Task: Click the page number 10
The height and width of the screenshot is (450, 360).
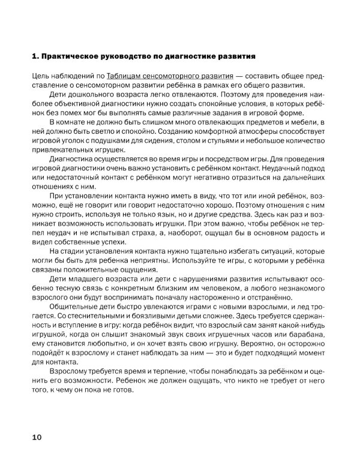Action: pos(37,436)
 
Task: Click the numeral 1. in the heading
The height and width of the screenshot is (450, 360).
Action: pos(34,57)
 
